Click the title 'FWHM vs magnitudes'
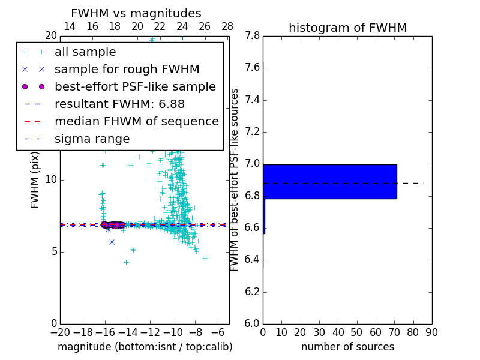click(x=136, y=13)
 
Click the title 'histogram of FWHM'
click(x=347, y=28)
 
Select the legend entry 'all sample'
click(x=85, y=52)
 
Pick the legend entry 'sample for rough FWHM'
click(x=127, y=70)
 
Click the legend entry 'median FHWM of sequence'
click(x=136, y=122)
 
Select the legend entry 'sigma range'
click(x=92, y=139)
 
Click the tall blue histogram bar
click(x=330, y=181)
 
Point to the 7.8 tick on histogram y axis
click(x=253, y=36)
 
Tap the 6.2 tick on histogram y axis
click(x=253, y=292)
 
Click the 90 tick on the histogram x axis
click(x=431, y=332)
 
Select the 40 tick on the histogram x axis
click(x=338, y=332)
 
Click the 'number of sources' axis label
click(x=347, y=347)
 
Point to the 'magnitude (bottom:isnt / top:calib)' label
click(x=145, y=347)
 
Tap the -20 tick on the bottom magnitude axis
click(x=60, y=332)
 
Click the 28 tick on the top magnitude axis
click(x=227, y=26)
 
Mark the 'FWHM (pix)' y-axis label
click(x=35, y=179)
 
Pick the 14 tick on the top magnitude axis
click(x=70, y=26)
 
